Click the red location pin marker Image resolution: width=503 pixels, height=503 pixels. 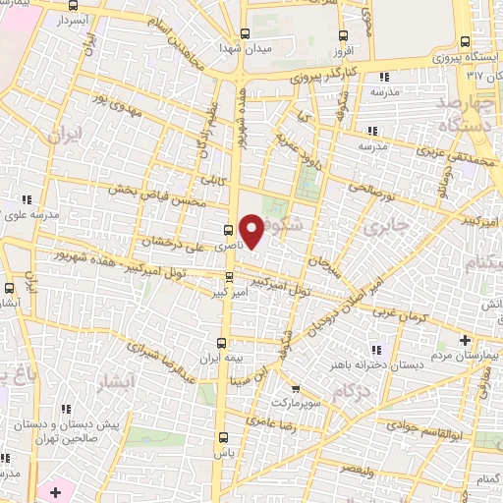point(252,231)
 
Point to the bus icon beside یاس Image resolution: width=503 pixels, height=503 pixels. point(225,438)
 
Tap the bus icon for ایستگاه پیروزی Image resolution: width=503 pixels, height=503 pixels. point(465,41)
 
